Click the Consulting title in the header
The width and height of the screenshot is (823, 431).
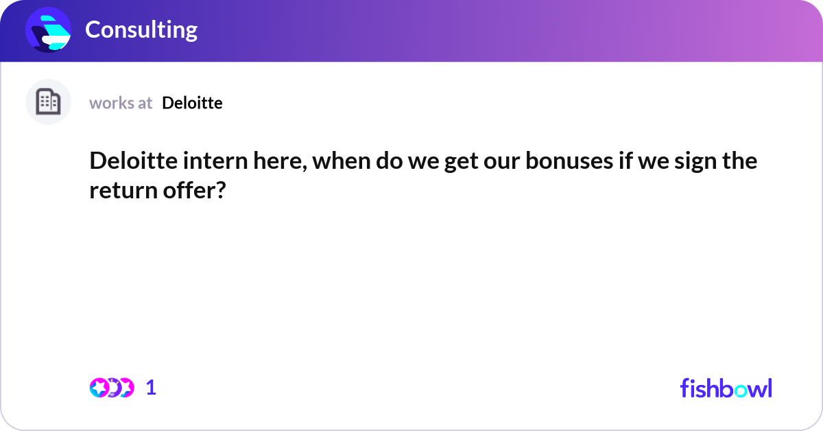[x=141, y=30]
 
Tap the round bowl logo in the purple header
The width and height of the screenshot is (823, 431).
[x=48, y=30]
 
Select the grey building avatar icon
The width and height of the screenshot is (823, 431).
[x=48, y=102]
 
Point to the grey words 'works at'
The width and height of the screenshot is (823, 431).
[x=121, y=104]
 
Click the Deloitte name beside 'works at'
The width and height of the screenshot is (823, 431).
[x=192, y=103]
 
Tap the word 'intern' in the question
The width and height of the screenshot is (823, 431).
[x=215, y=161]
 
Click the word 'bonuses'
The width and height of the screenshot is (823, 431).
[x=569, y=161]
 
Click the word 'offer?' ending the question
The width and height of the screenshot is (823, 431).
[x=194, y=190]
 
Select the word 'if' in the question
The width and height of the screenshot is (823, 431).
[x=625, y=161]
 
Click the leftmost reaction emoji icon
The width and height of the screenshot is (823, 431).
[x=99, y=388]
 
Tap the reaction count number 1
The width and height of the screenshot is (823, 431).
[x=151, y=388]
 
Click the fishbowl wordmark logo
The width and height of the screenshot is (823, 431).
[x=726, y=388]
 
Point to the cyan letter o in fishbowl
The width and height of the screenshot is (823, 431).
[x=741, y=391]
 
